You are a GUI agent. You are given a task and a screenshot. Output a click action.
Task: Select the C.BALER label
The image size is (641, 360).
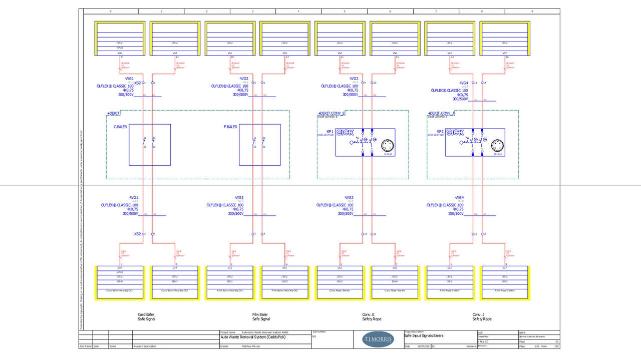pyautogui.click(x=120, y=127)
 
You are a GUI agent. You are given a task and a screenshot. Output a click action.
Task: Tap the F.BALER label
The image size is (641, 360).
pyautogui.click(x=230, y=127)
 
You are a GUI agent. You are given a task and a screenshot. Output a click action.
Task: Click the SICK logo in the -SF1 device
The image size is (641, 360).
pyautogui.click(x=345, y=133)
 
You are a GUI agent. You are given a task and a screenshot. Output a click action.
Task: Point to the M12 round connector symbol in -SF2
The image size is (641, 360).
pyautogui.click(x=497, y=146)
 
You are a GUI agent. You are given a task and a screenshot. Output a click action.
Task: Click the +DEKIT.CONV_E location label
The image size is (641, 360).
pyautogui.click(x=332, y=113)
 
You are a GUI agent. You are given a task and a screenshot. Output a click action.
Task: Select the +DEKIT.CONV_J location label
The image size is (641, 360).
pyautogui.click(x=441, y=113)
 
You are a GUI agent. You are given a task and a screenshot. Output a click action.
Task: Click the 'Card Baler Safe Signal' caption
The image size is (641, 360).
pyautogui.click(x=146, y=317)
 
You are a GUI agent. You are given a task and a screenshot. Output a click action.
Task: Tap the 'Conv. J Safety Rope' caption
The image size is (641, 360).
pyautogui.click(x=482, y=317)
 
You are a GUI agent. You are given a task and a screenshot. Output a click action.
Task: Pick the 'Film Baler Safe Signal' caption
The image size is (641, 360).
pyautogui.click(x=261, y=317)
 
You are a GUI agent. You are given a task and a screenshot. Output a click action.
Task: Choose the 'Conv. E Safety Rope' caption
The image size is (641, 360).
pyautogui.click(x=372, y=317)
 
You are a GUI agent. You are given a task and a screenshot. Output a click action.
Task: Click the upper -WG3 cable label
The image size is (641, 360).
pyautogui.click(x=354, y=79)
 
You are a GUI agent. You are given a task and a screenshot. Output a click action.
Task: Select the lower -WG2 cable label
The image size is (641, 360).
pyautogui.click(x=239, y=198)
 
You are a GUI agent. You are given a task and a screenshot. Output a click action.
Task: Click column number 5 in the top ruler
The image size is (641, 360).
pyautogui.click(x=344, y=11)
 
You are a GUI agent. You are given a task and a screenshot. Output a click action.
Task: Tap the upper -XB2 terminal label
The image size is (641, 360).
pyautogui.click(x=137, y=83)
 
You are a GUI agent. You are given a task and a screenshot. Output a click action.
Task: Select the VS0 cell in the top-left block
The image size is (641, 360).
pyautogui.click(x=120, y=53)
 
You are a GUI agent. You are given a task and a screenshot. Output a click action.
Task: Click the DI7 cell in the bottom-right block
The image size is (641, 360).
pyautogui.click(x=504, y=268)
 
